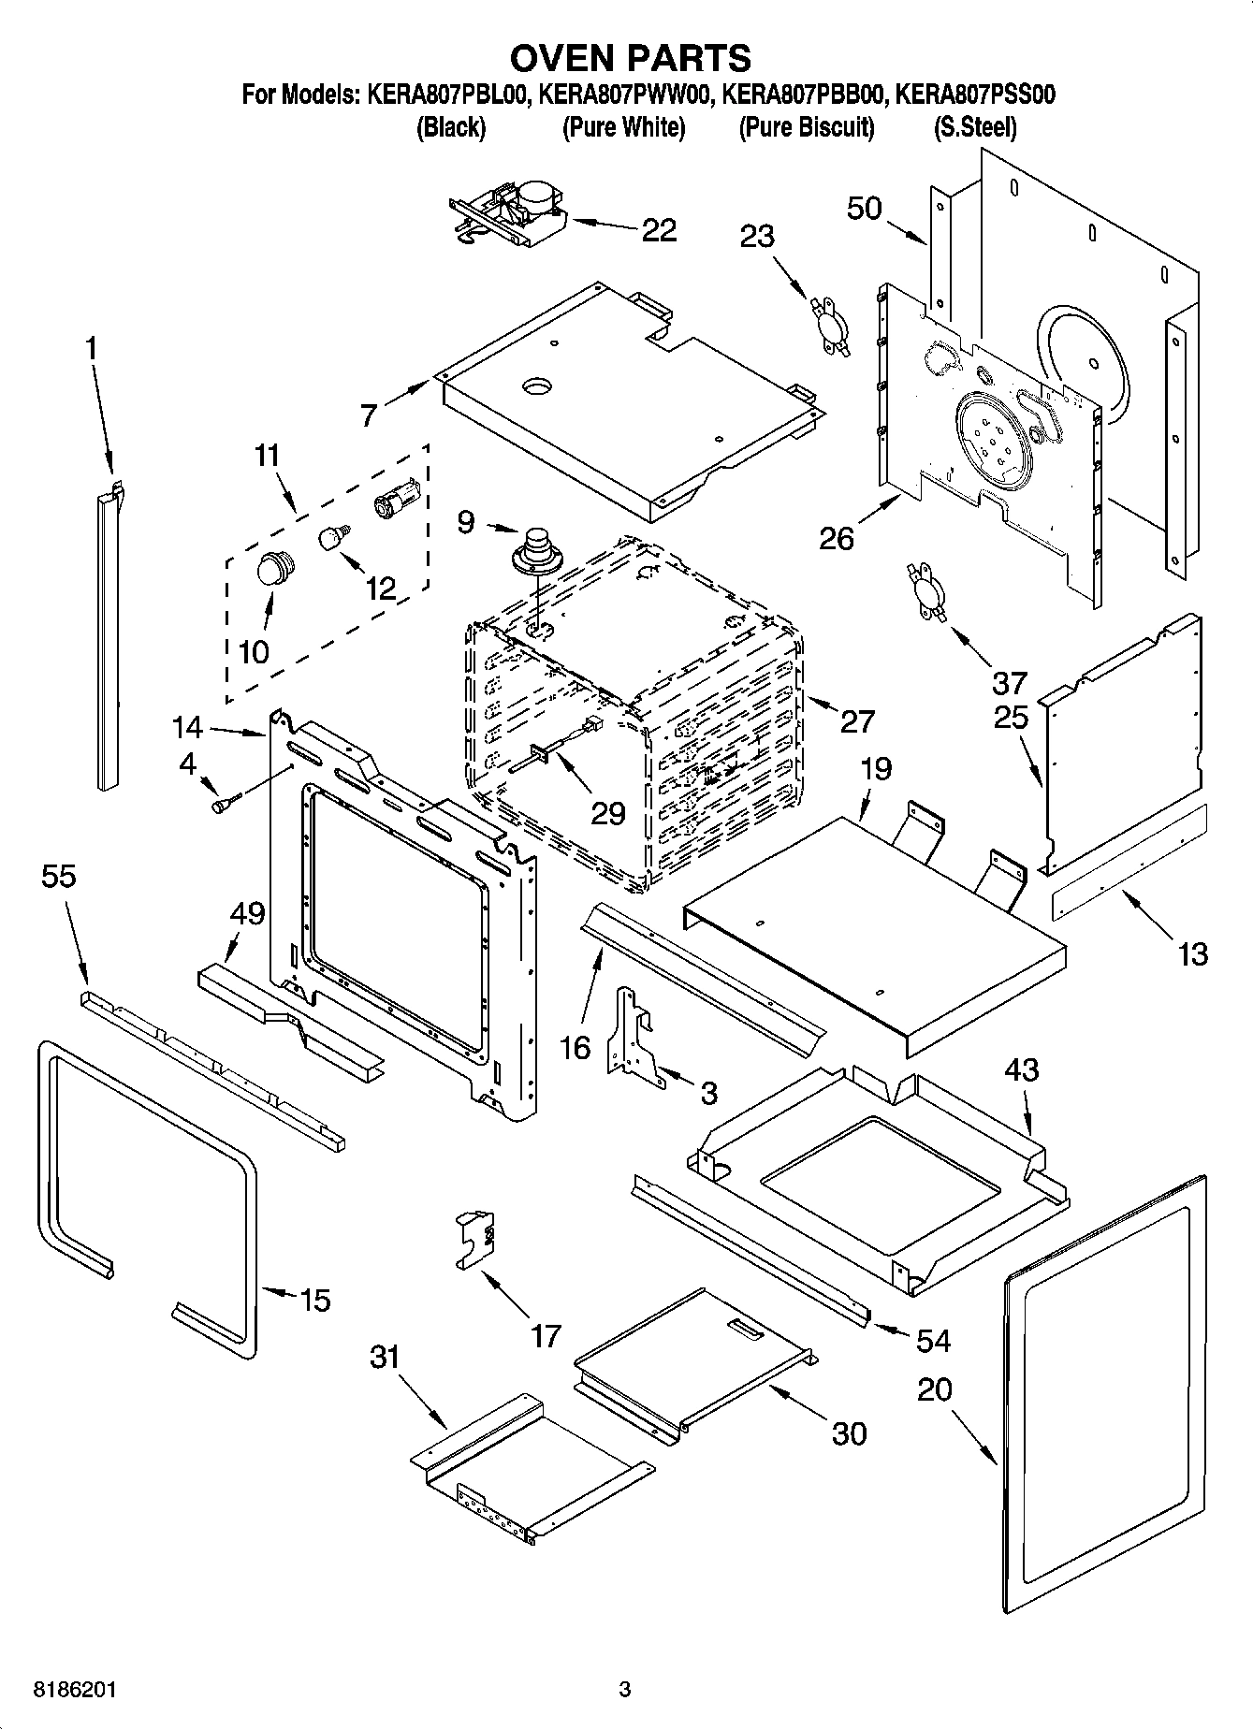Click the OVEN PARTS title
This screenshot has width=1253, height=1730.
629,58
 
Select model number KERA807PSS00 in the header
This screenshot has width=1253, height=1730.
975,94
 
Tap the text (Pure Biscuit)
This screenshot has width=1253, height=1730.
806,127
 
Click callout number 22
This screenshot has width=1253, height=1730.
659,230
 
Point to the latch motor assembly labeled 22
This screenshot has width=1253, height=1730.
510,213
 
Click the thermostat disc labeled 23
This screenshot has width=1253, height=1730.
828,325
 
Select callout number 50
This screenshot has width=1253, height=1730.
864,208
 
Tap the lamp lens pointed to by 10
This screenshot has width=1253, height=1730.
274,568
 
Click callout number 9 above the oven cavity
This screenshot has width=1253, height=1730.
466,521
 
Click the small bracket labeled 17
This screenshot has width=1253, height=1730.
476,1238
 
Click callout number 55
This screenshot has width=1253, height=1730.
58,877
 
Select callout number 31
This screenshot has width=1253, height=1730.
384,1356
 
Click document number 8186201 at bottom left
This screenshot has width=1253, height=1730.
75,1690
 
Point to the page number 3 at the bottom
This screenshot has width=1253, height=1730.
625,1690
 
